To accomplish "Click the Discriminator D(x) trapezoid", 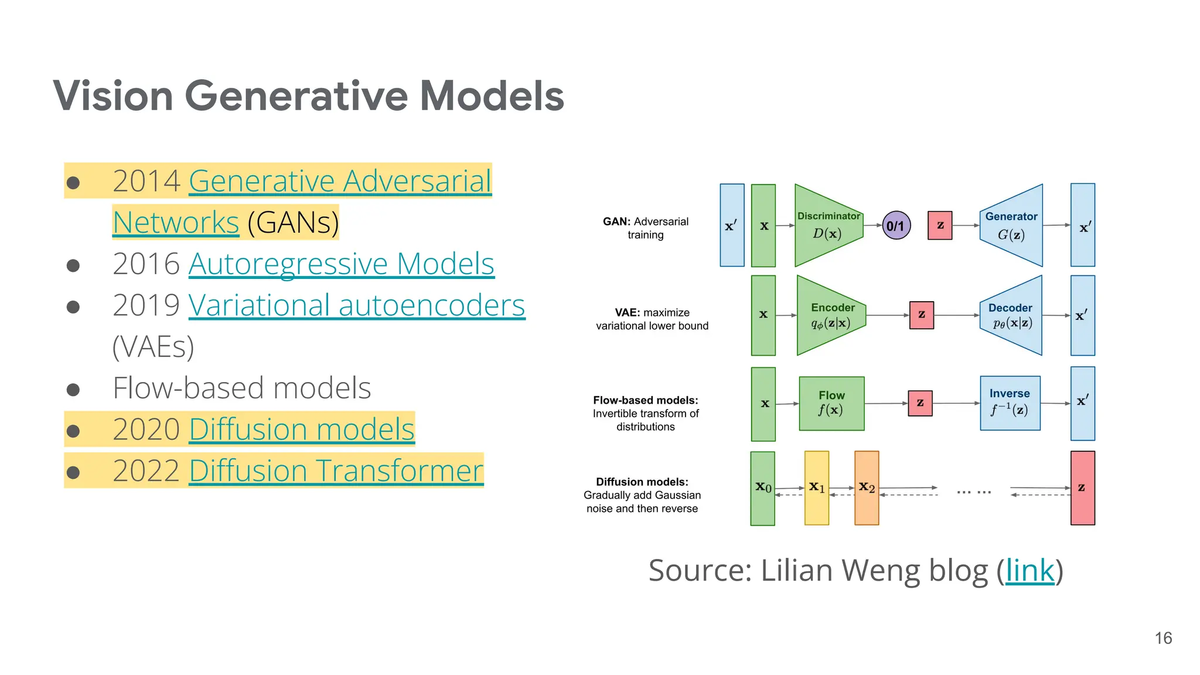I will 827,226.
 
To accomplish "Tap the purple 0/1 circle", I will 896,226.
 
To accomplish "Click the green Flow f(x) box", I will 831,403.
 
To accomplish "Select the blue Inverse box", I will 1010,403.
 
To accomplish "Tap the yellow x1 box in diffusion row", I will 816,487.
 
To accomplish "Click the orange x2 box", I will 867,487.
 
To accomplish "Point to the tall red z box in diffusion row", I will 1082,487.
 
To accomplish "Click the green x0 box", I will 762,487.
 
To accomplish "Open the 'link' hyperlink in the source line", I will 1029,570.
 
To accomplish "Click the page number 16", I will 1163,638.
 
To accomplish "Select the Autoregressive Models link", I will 341,264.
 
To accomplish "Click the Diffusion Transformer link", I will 336,471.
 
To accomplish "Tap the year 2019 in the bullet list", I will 146,305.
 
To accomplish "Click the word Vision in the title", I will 113,96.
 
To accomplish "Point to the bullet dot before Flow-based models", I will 73,390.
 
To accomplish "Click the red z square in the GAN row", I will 940,226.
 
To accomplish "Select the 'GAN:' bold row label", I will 616,221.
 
